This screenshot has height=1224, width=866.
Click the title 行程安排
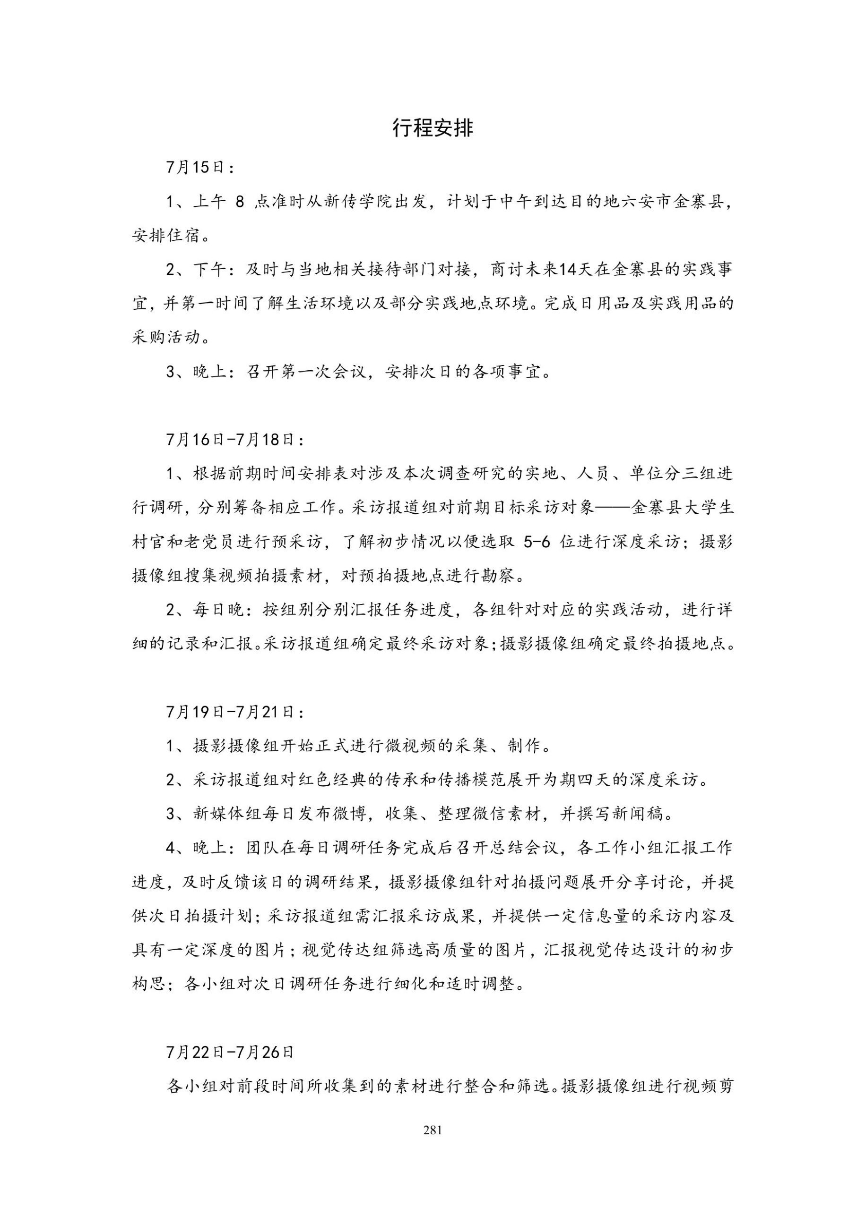coord(432,128)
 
